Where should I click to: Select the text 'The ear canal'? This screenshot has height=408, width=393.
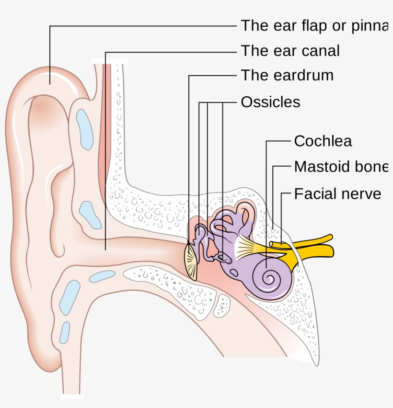click(290, 50)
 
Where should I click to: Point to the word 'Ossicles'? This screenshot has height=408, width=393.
click(270, 102)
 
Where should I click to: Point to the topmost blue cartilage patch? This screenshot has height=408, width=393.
click(85, 128)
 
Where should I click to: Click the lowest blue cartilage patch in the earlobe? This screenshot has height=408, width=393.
click(64, 332)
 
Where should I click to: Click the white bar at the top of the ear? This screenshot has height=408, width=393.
click(110, 61)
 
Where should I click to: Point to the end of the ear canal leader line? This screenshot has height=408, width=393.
click(105, 249)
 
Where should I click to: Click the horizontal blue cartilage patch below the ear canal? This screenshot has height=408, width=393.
click(102, 276)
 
